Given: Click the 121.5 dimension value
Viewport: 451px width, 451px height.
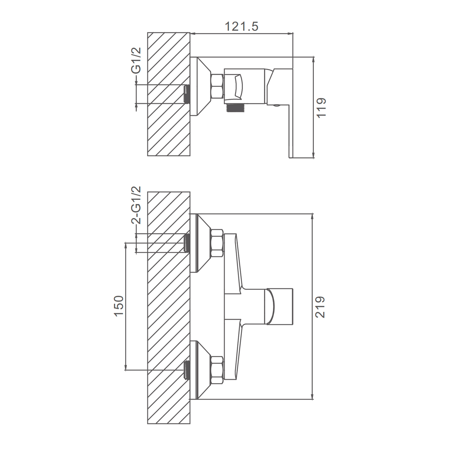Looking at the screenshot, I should coord(241,26).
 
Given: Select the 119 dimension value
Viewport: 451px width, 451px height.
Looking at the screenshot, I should coord(321,108).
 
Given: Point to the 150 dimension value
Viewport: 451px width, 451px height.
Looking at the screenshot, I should coord(119,306).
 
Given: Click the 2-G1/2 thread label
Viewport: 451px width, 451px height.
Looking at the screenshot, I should coord(136,205).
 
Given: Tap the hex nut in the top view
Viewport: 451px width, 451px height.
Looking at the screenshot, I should coord(217,86).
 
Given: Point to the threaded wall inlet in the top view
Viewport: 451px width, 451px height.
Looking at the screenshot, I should coord(187,94).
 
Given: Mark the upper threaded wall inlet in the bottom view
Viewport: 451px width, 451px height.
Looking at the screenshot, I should coord(187,243).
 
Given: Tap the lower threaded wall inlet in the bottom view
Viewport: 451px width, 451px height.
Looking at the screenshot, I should coord(187,370).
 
